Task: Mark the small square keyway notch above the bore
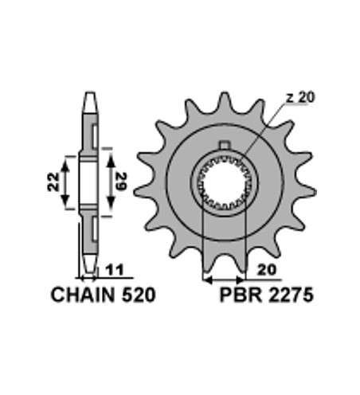tap(225, 145)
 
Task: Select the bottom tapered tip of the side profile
tap(88, 266)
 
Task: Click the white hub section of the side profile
tap(88, 182)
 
